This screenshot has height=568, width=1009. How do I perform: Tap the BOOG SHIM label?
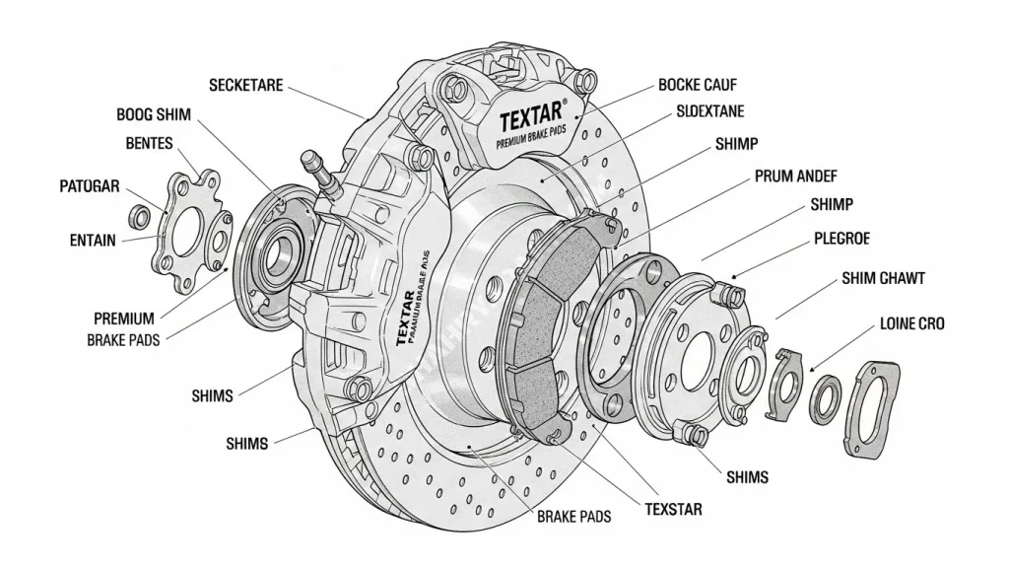(x=154, y=114)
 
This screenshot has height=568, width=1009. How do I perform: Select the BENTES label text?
(x=150, y=144)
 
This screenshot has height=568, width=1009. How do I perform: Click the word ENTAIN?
(x=94, y=240)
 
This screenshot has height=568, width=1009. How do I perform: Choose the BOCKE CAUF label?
(x=698, y=85)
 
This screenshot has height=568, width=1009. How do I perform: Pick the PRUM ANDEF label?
(x=796, y=177)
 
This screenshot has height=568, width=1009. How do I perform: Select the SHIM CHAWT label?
(x=883, y=279)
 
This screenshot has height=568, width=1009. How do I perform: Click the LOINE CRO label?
(x=911, y=323)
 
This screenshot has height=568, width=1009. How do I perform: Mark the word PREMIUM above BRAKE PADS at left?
(x=124, y=319)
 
